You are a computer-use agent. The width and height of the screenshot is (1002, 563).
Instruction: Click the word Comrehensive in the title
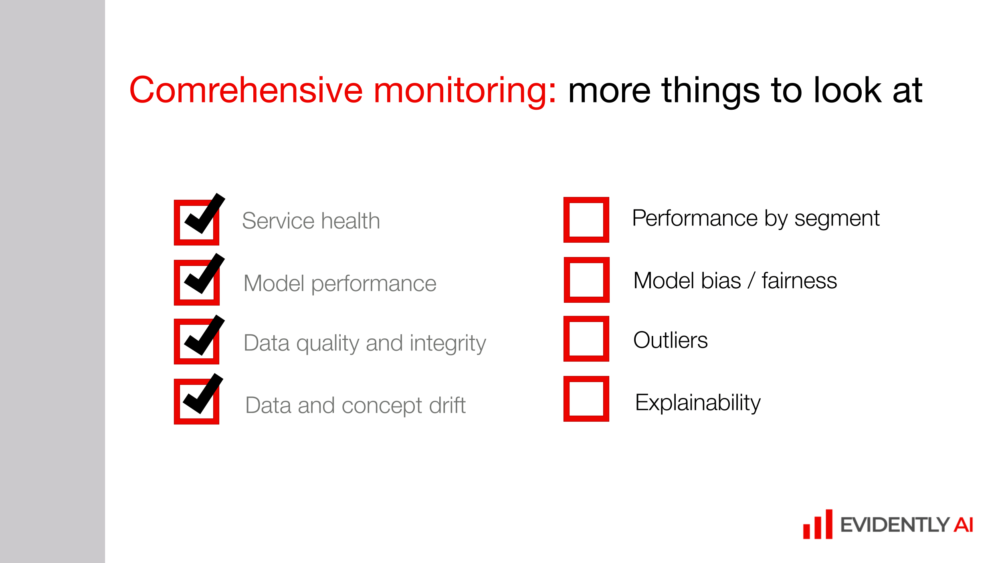coord(246,90)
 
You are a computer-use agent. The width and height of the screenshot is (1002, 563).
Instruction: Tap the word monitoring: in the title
coord(465,90)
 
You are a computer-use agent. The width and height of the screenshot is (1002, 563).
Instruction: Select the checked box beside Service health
coord(196,222)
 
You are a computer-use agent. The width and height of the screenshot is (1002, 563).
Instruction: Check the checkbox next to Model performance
coord(196,282)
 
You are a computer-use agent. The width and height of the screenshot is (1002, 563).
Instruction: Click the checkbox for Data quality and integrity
coord(196,341)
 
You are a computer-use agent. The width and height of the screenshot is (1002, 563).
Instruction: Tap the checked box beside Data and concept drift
coord(196,401)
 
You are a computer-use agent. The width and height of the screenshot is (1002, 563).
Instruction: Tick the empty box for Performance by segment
coord(586,219)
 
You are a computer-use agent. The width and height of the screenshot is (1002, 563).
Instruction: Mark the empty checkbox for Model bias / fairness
coord(586,279)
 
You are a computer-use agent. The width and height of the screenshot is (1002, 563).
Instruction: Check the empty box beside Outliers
coord(586,338)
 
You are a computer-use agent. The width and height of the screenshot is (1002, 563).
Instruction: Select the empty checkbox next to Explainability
coord(586,398)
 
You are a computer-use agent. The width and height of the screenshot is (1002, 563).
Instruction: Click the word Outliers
coord(670,340)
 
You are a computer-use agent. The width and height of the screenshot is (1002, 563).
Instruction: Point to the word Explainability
coord(697,402)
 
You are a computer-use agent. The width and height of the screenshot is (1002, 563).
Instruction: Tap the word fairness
coord(799,280)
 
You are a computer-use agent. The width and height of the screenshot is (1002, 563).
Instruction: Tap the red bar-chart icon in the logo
coord(818,525)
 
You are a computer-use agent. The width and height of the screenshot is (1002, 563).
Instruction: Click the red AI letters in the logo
coord(963,525)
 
